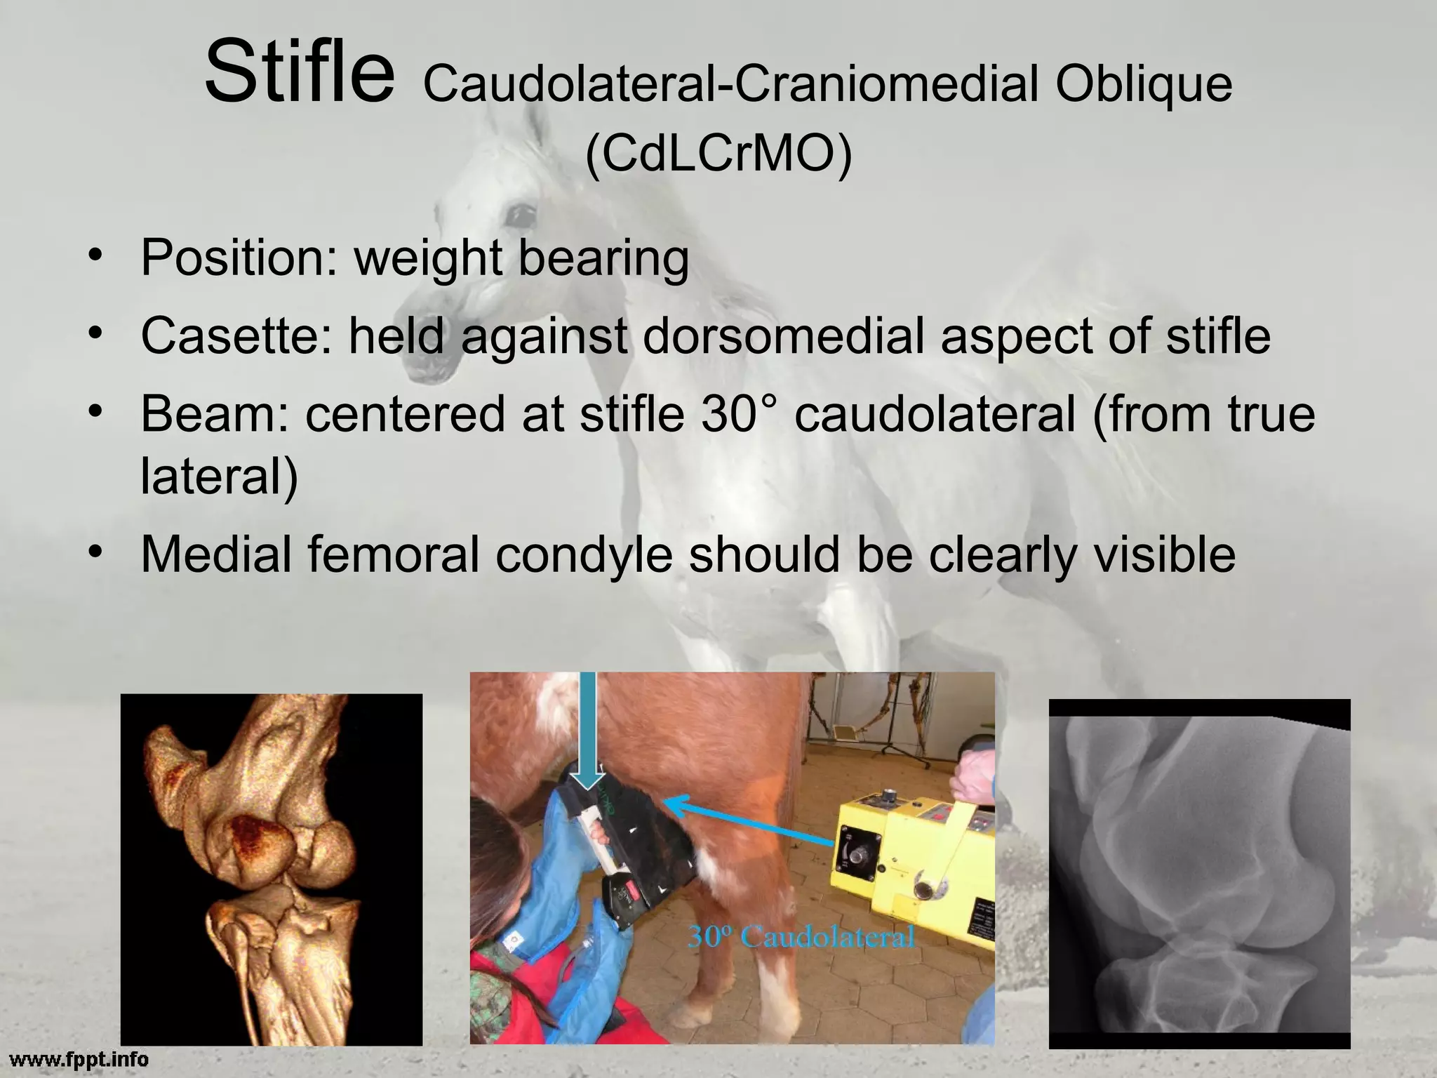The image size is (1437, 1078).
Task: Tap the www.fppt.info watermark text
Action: pos(79,1058)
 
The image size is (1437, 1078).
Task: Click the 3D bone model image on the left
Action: pos(272,870)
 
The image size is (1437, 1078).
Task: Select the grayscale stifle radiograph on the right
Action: pos(1199,874)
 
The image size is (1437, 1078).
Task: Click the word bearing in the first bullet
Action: pos(603,258)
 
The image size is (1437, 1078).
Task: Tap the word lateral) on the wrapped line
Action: pos(220,476)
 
